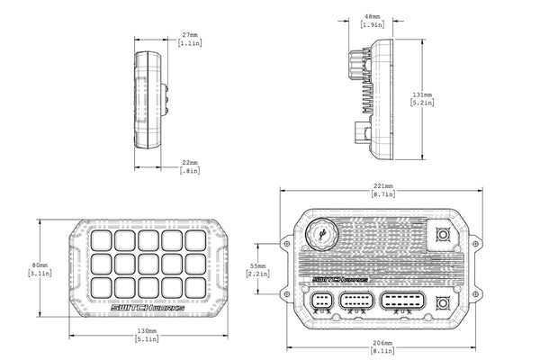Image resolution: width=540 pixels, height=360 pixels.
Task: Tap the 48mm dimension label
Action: tap(370, 16)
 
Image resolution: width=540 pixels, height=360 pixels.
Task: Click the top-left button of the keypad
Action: tap(100, 240)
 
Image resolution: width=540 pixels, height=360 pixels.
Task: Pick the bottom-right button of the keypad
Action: tap(195, 286)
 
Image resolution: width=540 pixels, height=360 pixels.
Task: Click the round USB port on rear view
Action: tap(320, 238)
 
